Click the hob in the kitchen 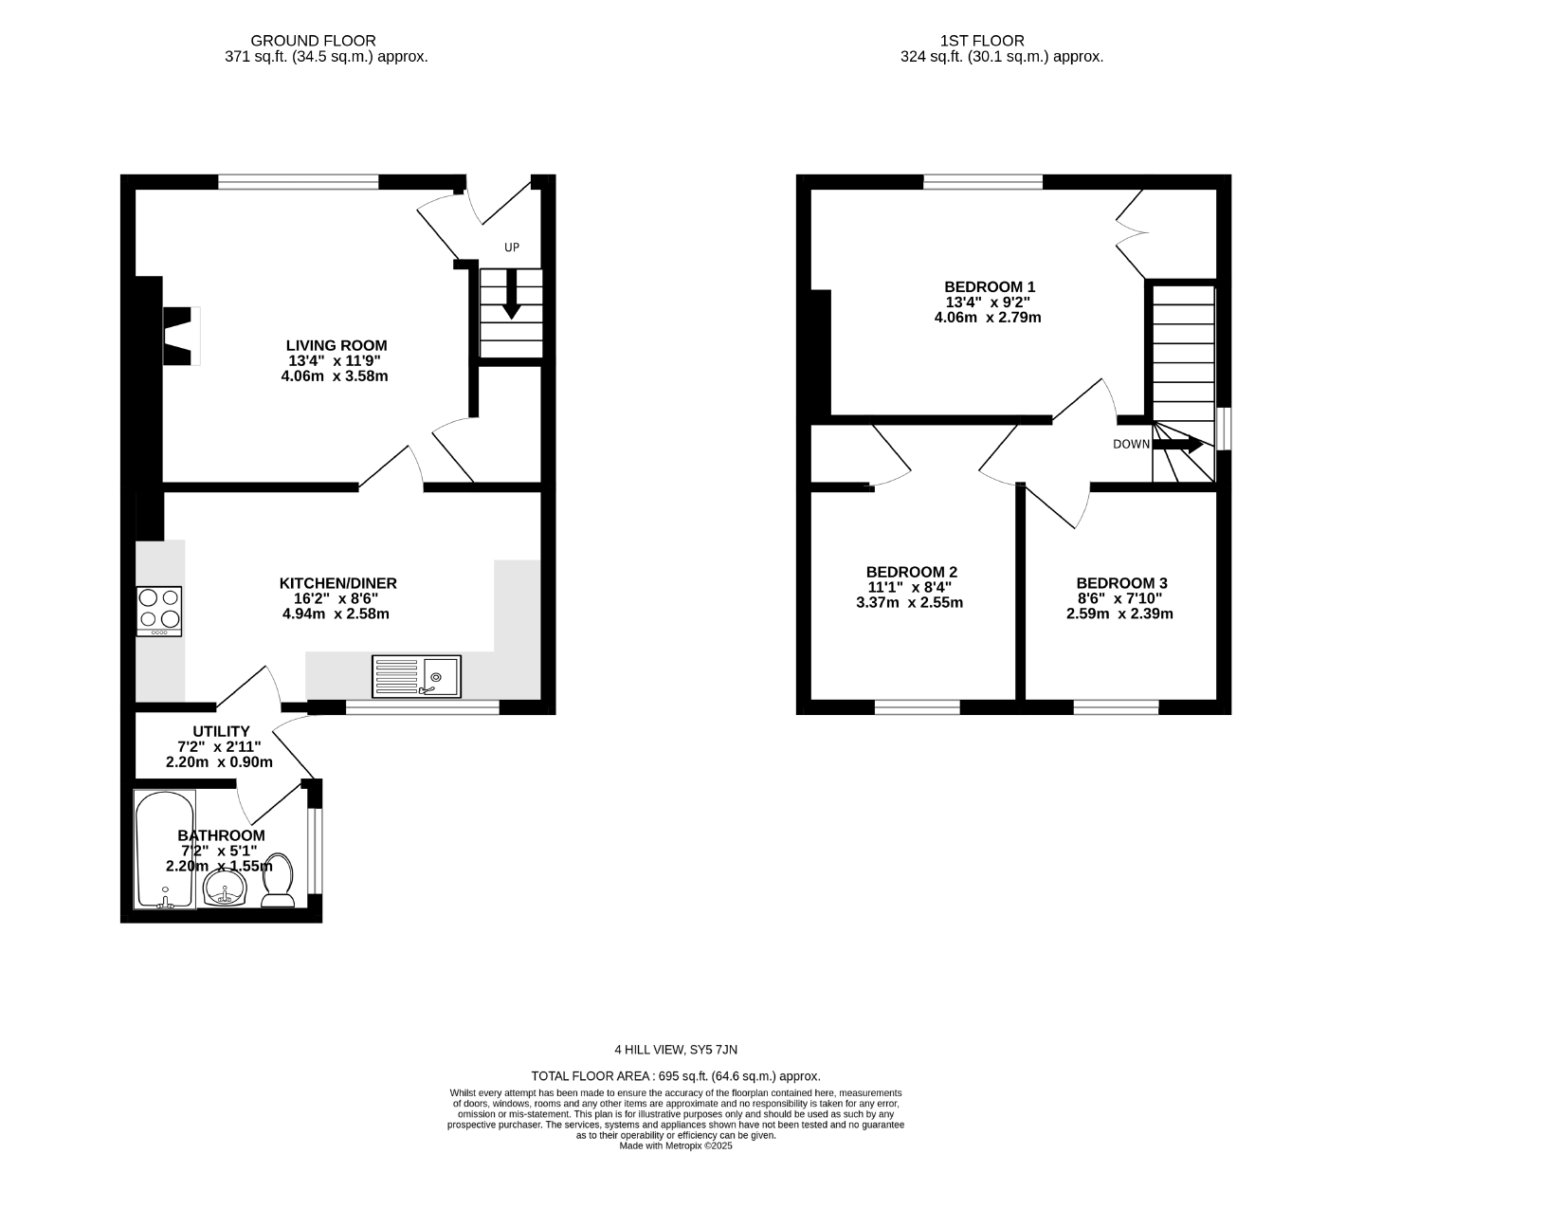[x=159, y=612]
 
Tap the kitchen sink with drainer [x=416, y=676]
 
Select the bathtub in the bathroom [x=165, y=850]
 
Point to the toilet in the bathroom [x=278, y=880]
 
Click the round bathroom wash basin [x=226, y=888]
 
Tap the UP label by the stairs [x=512, y=247]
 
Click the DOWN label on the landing [x=1132, y=445]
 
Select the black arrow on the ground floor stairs [x=511, y=294]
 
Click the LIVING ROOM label [x=336, y=346]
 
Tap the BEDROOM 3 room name [x=1121, y=583]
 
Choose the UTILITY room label [x=221, y=732]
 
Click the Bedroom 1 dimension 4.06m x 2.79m [x=988, y=318]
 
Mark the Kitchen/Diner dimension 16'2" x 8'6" [x=337, y=598]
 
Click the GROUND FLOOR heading [x=313, y=41]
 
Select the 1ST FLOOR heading [x=982, y=41]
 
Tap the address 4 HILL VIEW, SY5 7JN [x=676, y=1050]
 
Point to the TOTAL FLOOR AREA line [x=676, y=1076]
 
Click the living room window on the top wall [x=298, y=182]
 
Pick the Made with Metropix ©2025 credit [x=676, y=1145]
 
